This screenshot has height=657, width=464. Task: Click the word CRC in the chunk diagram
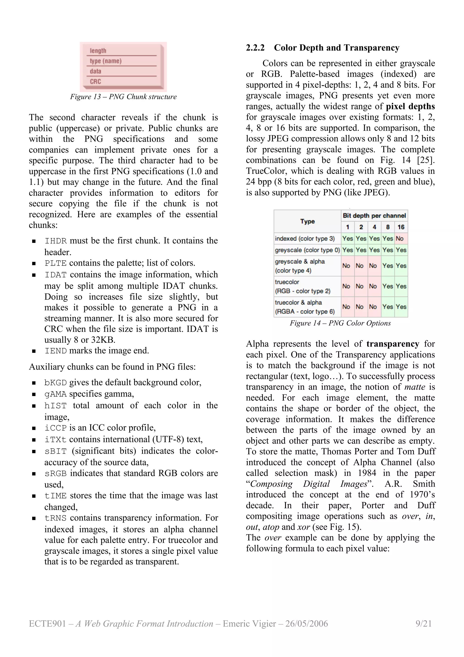click(95, 82)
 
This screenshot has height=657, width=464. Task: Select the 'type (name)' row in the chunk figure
click(106, 61)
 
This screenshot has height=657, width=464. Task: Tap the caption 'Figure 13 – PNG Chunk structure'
click(123, 97)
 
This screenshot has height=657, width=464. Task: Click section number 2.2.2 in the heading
click(255, 48)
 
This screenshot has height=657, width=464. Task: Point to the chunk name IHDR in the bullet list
click(56, 241)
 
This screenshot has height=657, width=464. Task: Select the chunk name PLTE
click(56, 263)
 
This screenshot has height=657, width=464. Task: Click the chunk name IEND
click(56, 351)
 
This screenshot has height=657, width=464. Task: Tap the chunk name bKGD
click(56, 383)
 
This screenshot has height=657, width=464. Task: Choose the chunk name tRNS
click(56, 518)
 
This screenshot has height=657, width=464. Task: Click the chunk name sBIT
click(56, 451)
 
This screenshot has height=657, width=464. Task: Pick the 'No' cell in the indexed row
click(400, 238)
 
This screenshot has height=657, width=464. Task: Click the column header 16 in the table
click(401, 227)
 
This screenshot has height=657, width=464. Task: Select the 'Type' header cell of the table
click(307, 221)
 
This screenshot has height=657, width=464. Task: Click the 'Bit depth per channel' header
click(374, 215)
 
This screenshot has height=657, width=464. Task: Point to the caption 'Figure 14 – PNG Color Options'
click(340, 323)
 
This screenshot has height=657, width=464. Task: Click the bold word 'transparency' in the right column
click(393, 344)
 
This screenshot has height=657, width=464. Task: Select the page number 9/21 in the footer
click(424, 623)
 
